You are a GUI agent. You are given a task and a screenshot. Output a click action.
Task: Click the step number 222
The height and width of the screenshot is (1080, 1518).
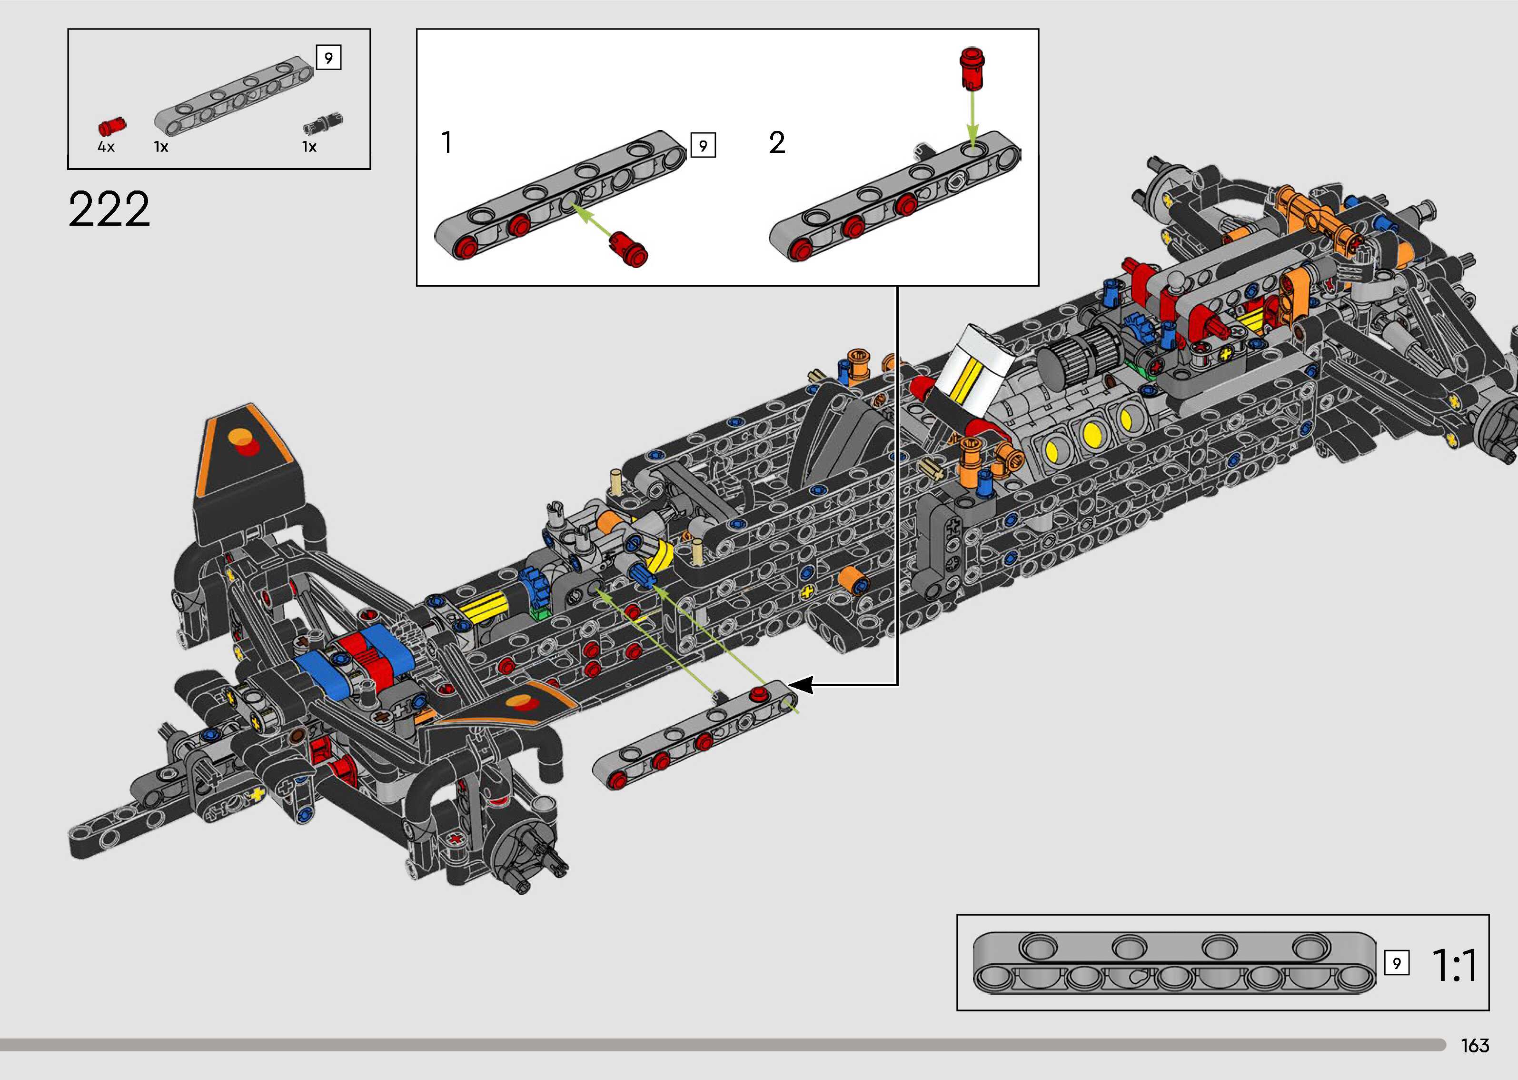109,209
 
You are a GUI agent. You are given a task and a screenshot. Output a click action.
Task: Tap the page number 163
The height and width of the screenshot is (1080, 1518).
1474,1045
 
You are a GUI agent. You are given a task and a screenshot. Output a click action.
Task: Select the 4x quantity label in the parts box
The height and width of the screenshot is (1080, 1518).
106,147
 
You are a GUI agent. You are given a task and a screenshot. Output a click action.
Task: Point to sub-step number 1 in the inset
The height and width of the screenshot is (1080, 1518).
446,142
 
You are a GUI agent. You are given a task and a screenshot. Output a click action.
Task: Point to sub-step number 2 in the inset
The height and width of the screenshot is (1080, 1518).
777,142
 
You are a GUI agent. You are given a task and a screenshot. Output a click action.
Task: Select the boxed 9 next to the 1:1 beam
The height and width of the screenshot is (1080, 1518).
1396,963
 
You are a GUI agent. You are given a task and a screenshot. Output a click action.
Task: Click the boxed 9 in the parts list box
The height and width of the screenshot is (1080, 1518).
328,58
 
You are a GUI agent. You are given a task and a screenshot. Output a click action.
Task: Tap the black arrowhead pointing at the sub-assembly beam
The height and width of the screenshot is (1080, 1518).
801,684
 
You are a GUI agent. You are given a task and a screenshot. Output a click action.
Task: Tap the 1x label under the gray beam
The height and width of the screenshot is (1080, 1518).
161,147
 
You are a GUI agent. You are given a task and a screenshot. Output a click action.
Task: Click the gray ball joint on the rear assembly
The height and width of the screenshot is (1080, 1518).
1176,282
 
